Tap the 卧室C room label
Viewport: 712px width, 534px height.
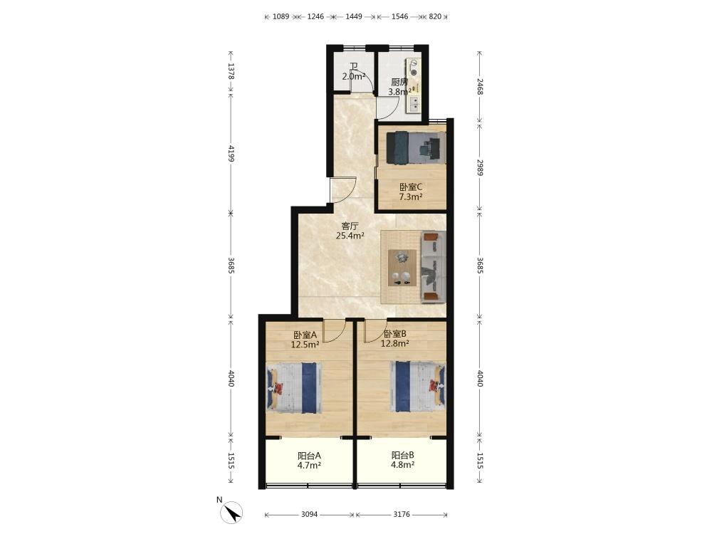pos(411,187)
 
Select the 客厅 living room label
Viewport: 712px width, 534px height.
pos(350,226)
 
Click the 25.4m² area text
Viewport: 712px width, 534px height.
pos(350,236)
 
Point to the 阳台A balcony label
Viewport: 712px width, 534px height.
pos(309,455)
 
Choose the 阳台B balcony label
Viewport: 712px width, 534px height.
pos(403,455)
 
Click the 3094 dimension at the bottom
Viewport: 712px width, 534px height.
pos(309,515)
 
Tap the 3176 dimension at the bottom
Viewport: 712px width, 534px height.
pos(402,515)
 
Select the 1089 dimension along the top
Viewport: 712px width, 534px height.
pos(281,16)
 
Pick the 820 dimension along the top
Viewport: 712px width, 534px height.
pos(435,16)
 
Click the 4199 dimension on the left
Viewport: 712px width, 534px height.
pos(231,154)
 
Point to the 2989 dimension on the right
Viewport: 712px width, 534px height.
pos(480,167)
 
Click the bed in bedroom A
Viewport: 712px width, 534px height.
pos(294,388)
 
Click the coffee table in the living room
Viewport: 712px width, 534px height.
pos(402,268)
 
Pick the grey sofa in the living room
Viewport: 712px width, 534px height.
pos(434,266)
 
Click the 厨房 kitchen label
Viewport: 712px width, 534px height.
pos(399,82)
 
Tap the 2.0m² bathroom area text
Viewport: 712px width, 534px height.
pos(354,76)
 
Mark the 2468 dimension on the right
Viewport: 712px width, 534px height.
pos(480,87)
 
